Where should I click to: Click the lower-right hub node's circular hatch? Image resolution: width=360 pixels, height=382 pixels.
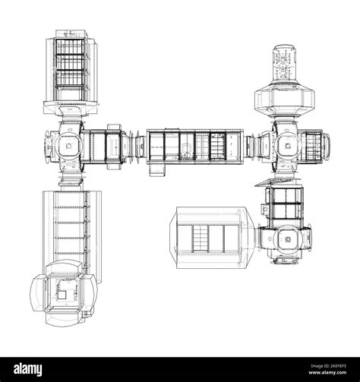tap(287, 239)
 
